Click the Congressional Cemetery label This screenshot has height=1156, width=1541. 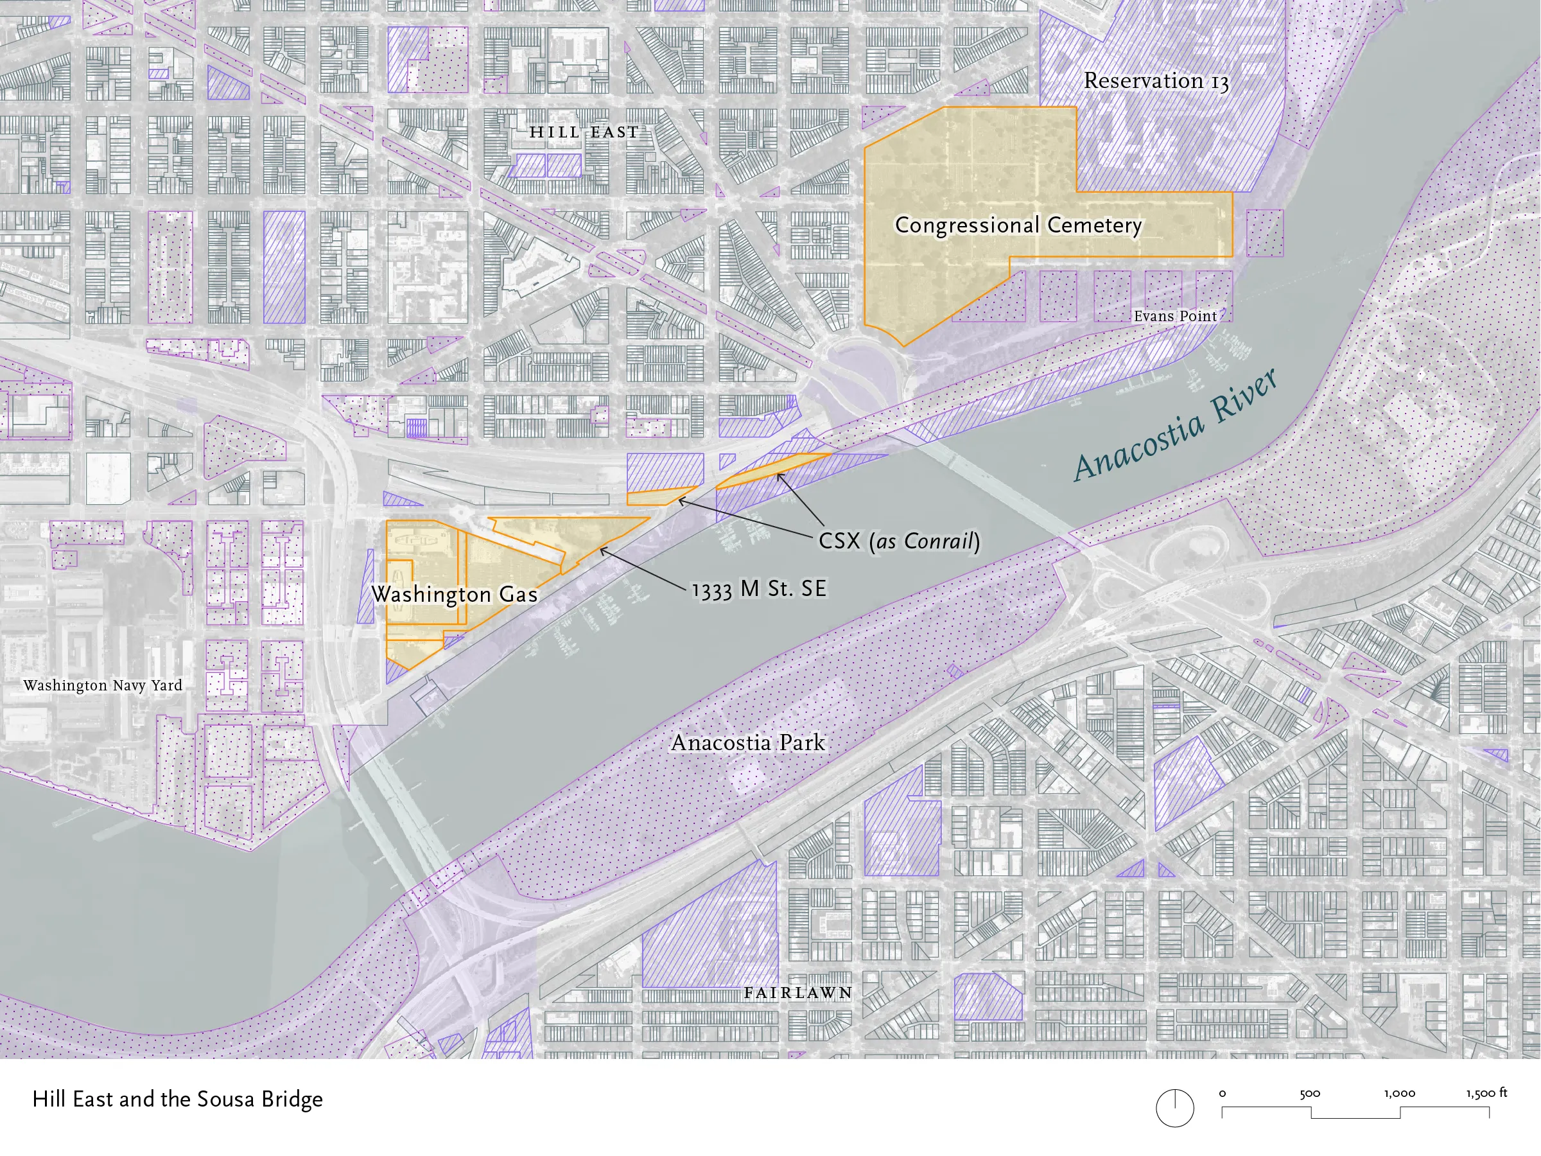pos(1018,225)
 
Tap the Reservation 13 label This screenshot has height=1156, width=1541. pos(1156,81)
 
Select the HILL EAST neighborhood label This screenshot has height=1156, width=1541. pos(584,132)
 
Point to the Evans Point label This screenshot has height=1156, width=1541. pos(1174,317)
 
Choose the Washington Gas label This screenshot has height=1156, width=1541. pos(454,594)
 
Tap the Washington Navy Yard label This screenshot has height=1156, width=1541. pos(102,686)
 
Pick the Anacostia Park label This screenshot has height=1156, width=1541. pos(747,743)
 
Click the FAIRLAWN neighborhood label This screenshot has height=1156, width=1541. pos(797,992)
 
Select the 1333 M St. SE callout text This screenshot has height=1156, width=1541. pos(759,590)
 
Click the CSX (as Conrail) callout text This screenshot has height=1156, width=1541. pos(899,541)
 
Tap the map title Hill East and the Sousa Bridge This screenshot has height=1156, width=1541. pos(178,1099)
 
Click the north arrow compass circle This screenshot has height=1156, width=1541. pos(1174,1108)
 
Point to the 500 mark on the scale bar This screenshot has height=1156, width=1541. pos(1310,1094)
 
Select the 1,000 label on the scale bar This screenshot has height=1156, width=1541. pos(1400,1094)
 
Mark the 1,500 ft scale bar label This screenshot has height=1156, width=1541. pos(1486,1093)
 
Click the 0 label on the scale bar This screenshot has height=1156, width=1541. pos(1223,1094)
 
